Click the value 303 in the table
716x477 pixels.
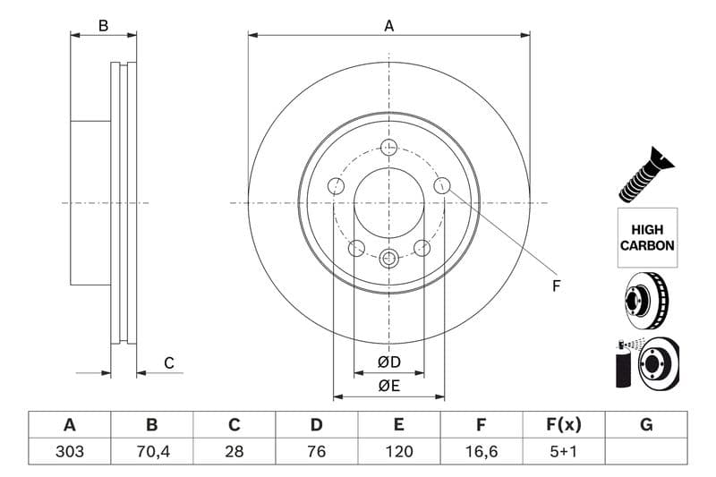[70, 451]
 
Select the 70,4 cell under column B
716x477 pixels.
[152, 451]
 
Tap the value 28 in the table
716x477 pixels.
[234, 451]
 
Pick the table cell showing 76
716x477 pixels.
[316, 451]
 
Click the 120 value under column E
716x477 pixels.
[399, 451]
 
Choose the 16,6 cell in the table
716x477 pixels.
[481, 451]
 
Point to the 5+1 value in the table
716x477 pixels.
[563, 451]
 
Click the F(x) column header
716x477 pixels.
[563, 424]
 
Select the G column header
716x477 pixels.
[646, 424]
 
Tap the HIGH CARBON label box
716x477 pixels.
[647, 237]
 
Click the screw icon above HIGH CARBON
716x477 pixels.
[647, 175]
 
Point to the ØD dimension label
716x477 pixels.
[388, 362]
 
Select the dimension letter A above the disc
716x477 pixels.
[389, 26]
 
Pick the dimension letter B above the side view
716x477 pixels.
[103, 26]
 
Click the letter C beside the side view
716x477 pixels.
[168, 363]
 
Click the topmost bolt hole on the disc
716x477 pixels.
[388, 148]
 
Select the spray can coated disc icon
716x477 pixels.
[647, 363]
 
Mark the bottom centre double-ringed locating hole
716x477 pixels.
[388, 259]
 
